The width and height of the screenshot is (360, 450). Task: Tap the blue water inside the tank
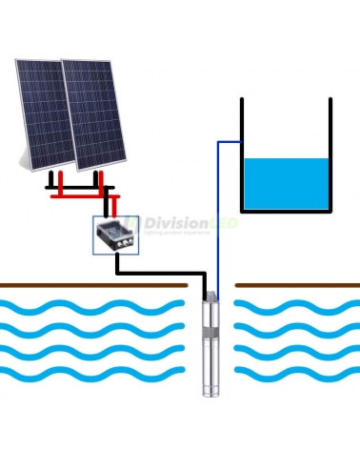point(287,183)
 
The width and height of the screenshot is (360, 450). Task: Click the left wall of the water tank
point(243,153)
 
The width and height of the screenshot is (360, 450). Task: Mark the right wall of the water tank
point(331,153)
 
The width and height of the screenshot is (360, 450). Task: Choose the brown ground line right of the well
point(296,283)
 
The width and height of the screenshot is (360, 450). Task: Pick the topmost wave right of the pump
point(295,308)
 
